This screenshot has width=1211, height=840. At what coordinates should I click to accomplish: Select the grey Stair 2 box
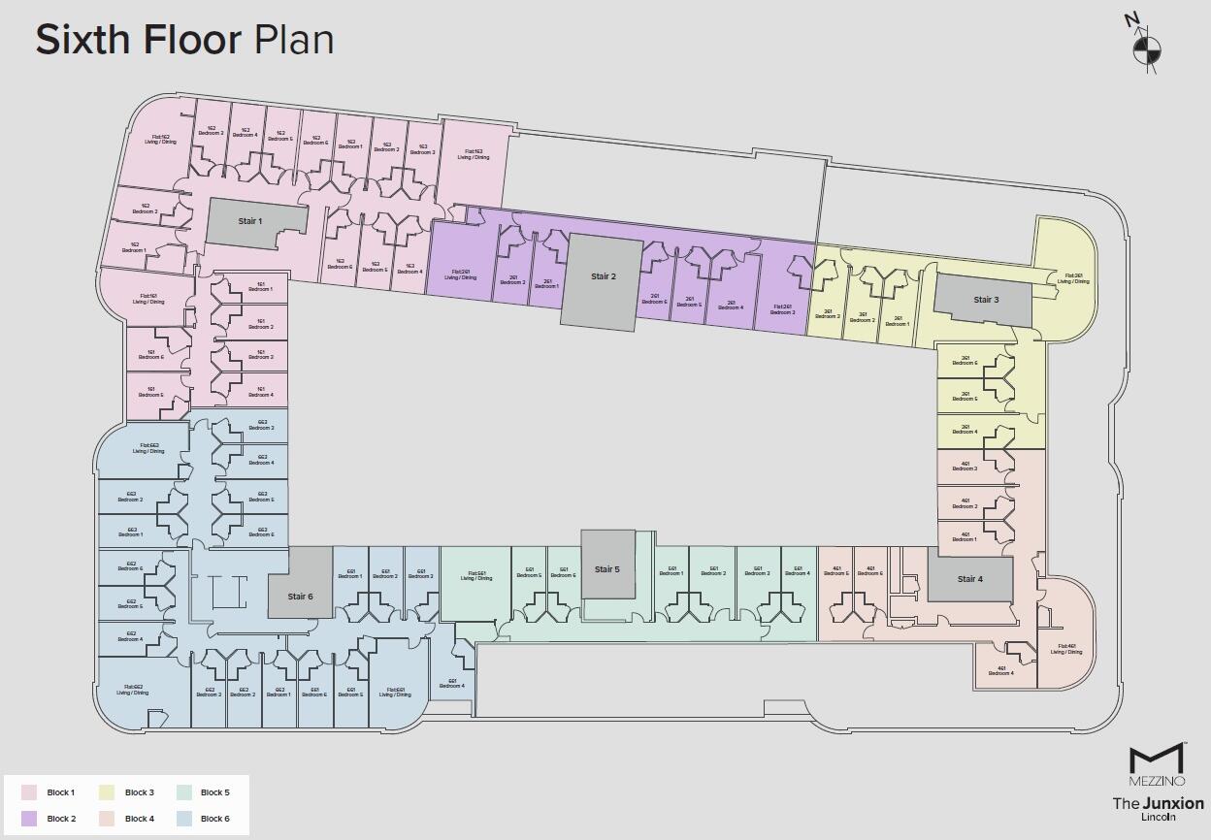tap(603, 281)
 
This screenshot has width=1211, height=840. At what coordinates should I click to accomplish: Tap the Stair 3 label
tap(984, 300)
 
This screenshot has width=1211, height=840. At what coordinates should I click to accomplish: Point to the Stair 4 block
tap(969, 579)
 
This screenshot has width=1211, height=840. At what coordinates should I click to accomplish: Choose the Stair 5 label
tap(606, 569)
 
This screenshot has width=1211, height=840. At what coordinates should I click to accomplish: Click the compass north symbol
tap(1146, 49)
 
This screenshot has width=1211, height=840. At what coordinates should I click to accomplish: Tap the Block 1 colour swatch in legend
tap(29, 792)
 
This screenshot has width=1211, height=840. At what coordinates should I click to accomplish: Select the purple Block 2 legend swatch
tap(29, 819)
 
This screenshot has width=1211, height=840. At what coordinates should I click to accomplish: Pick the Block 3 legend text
tap(140, 792)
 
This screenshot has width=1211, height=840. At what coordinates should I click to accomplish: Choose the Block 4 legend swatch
tap(107, 819)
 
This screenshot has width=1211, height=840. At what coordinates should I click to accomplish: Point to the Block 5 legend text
tap(215, 792)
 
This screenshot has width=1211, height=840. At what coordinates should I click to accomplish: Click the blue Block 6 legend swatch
tap(184, 819)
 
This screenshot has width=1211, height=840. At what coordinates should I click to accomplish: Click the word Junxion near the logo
tap(1173, 803)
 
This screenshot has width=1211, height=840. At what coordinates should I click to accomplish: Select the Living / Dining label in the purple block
tap(461, 275)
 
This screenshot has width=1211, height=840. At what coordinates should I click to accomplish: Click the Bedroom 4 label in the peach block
tap(1000, 670)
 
